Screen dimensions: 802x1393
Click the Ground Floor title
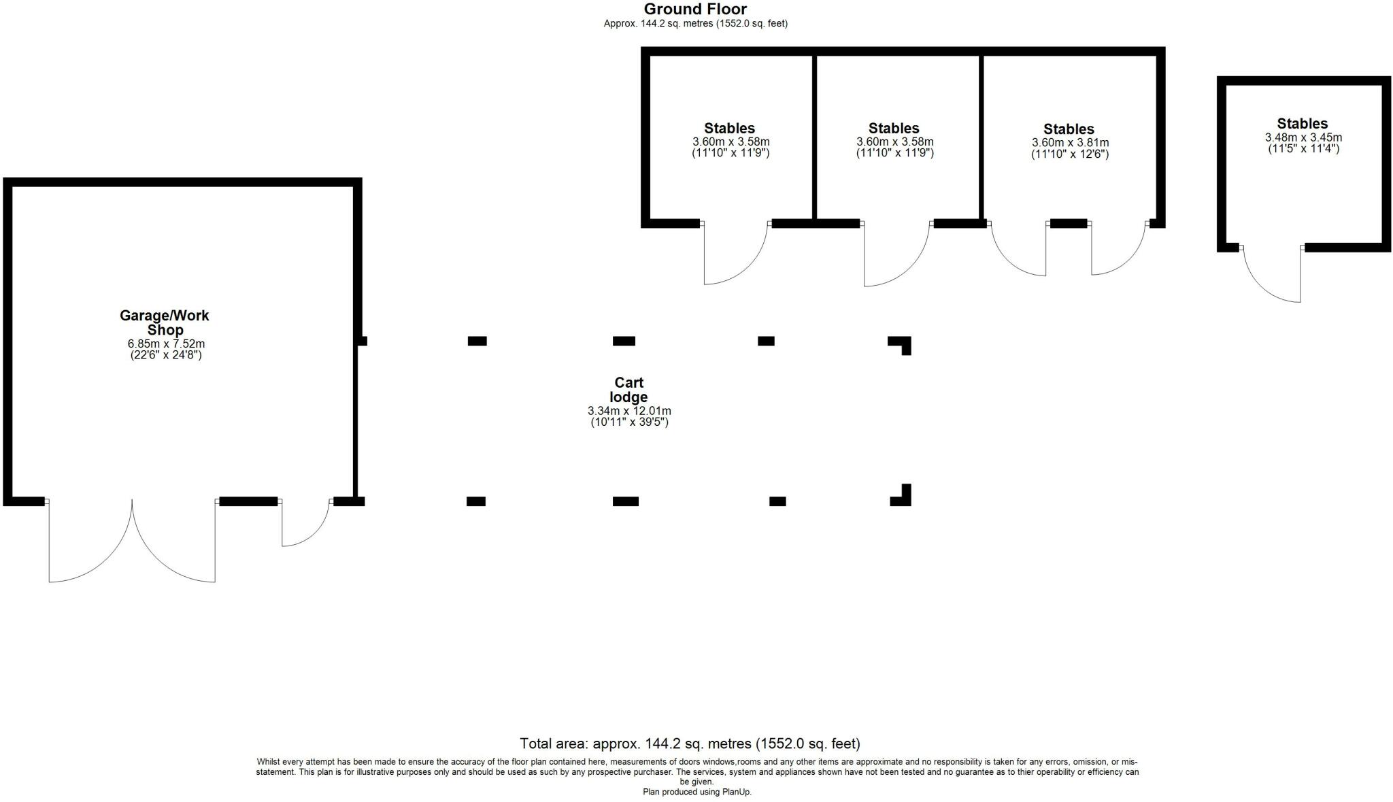coord(695,10)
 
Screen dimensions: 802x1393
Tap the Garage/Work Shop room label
coord(165,322)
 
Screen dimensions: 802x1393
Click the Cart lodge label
coord(628,390)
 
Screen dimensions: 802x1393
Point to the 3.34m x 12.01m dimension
coord(629,411)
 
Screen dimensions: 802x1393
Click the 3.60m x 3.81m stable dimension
coord(1070,143)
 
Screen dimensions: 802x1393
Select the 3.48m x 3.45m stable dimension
coord(1303,137)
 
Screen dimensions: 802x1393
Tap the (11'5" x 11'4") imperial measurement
coord(1303,148)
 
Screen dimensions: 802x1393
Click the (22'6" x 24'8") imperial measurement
coord(166,355)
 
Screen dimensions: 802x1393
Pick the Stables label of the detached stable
coord(1302,124)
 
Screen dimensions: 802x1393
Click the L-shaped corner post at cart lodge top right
coord(902,344)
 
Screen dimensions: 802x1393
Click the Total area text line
coord(690,743)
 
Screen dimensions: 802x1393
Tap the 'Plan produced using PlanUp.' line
coord(696,792)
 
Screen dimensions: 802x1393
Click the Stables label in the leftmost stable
coord(729,129)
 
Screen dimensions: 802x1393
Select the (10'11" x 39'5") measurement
coord(629,422)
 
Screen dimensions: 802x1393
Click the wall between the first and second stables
coord(813,136)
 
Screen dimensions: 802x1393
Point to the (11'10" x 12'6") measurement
coord(1070,154)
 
